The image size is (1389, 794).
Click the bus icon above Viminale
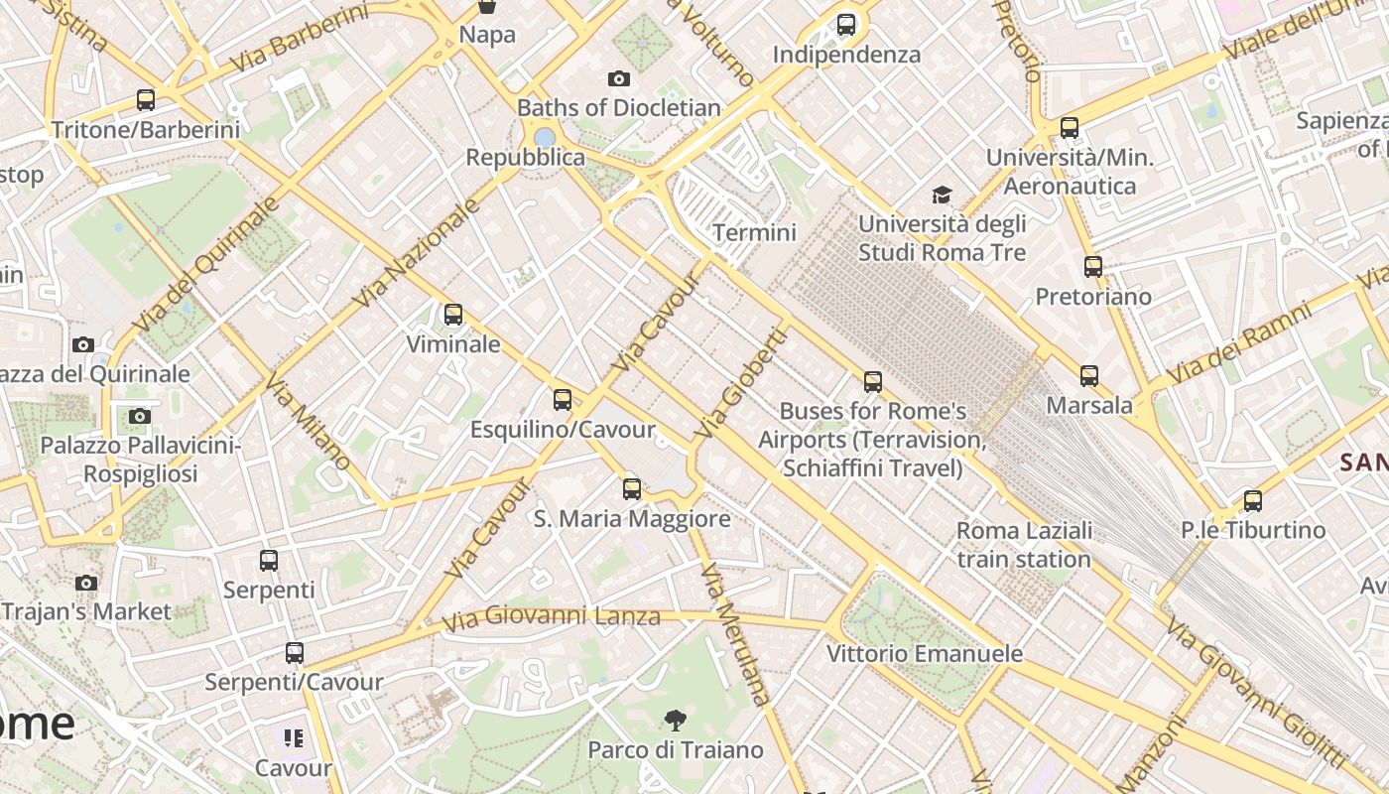click(453, 315)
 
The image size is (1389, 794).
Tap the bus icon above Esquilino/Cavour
click(563, 400)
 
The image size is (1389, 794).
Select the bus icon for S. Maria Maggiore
click(632, 489)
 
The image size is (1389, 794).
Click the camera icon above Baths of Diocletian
click(619, 78)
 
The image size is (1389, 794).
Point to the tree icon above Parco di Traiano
click(676, 720)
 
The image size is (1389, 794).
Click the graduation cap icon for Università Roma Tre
click(942, 195)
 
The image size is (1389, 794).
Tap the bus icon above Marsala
click(1089, 376)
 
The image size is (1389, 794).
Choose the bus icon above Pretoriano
click(1093, 267)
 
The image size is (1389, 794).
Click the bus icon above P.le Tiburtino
click(1253, 501)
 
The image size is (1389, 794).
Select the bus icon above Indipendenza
click(846, 25)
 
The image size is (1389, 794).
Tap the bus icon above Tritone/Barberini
click(146, 100)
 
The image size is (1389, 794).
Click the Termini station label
click(754, 232)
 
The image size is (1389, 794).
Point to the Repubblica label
click(525, 158)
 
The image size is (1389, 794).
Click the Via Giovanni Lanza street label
click(552, 618)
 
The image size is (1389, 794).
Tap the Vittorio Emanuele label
click(925, 653)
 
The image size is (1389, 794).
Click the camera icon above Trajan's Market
click(86, 583)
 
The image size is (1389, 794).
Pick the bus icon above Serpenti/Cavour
click(295, 653)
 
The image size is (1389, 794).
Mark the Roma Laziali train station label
click(1024, 545)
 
